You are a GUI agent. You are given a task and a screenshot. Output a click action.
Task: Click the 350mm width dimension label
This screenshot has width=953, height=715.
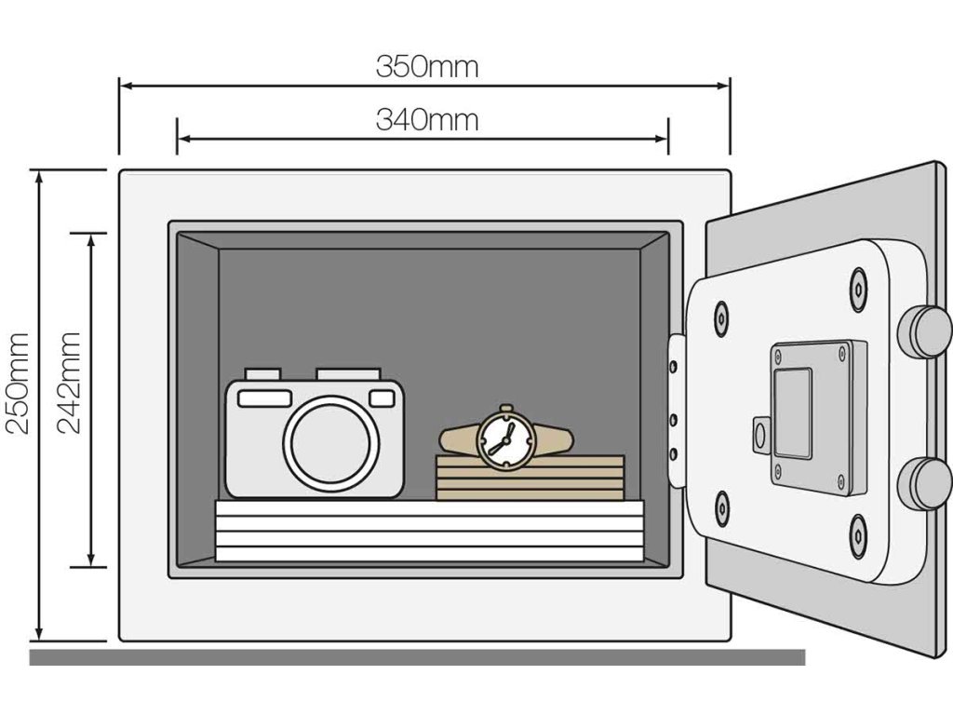[427, 67]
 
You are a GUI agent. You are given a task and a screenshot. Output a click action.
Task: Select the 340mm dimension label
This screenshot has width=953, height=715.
[427, 120]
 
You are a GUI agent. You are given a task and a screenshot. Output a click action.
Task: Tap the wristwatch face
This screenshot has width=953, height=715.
[505, 439]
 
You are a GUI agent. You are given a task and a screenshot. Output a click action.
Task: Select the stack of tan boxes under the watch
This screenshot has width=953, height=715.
[530, 478]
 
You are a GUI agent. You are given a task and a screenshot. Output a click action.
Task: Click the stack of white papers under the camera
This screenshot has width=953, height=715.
[429, 531]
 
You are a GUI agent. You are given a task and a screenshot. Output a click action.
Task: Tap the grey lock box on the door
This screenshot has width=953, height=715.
[817, 416]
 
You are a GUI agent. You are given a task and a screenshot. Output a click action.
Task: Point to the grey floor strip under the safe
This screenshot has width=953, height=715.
[417, 657]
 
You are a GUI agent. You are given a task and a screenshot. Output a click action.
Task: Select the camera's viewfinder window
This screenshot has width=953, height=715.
[264, 398]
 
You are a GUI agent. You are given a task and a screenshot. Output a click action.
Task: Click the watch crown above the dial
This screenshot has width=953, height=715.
[506, 409]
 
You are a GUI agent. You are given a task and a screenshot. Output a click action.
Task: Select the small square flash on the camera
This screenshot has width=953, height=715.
[382, 398]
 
